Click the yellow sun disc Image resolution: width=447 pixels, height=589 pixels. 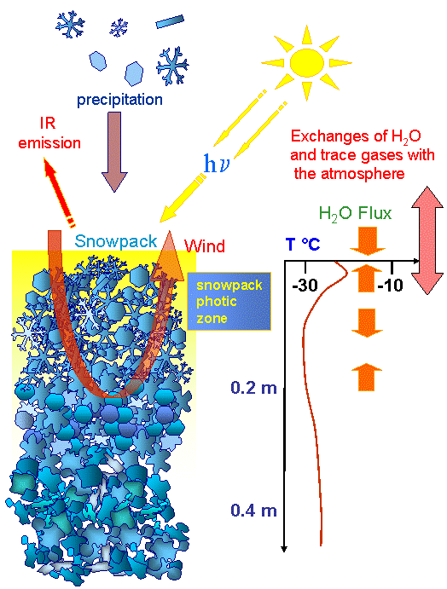click(307, 61)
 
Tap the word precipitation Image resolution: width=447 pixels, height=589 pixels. click(119, 100)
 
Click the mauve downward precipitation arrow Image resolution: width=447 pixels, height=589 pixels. click(114, 152)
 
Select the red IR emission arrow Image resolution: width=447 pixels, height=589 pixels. click(59, 193)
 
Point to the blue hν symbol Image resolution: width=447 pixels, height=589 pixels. click(216, 164)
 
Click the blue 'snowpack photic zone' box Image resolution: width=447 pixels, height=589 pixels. click(229, 301)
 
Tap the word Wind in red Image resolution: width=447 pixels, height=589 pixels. click(205, 246)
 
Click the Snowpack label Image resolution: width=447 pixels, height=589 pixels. click(116, 241)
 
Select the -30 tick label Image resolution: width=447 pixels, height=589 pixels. click(305, 286)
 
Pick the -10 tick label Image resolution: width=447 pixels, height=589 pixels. click(390, 286)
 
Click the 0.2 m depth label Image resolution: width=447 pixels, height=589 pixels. click(253, 388)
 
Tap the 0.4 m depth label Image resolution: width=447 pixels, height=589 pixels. click(253, 511)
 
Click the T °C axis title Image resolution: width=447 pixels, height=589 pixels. click(303, 244)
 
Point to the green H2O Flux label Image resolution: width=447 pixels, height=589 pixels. click(355, 213)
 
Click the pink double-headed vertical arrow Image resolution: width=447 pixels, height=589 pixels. click(427, 240)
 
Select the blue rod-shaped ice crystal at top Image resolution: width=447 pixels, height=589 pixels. click(170, 21)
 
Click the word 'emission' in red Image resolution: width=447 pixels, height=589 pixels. click(49, 143)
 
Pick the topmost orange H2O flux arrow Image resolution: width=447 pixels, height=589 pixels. click(368, 240)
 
